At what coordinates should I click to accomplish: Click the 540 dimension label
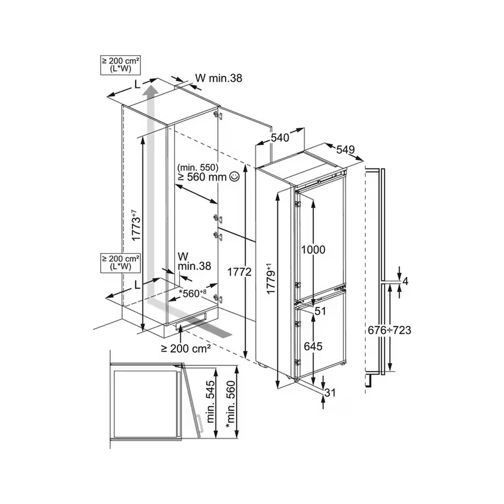pyautogui.click(x=280, y=138)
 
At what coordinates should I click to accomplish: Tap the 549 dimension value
pyautogui.click(x=346, y=149)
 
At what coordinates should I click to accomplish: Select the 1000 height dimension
pyautogui.click(x=313, y=250)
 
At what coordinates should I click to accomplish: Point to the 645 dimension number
pyautogui.click(x=313, y=346)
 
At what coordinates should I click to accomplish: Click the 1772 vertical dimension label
pyautogui.click(x=239, y=272)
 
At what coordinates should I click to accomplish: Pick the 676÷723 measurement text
pyautogui.click(x=389, y=330)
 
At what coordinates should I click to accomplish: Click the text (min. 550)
pyautogui.click(x=198, y=167)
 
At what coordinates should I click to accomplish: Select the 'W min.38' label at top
pyautogui.click(x=219, y=78)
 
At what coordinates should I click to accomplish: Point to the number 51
pyautogui.click(x=320, y=311)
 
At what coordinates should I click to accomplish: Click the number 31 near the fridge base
pyautogui.click(x=330, y=392)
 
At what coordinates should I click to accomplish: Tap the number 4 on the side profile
pyautogui.click(x=405, y=281)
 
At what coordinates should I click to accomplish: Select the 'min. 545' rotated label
pyautogui.click(x=210, y=402)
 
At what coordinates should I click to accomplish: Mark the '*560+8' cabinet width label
pyautogui.click(x=192, y=293)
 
